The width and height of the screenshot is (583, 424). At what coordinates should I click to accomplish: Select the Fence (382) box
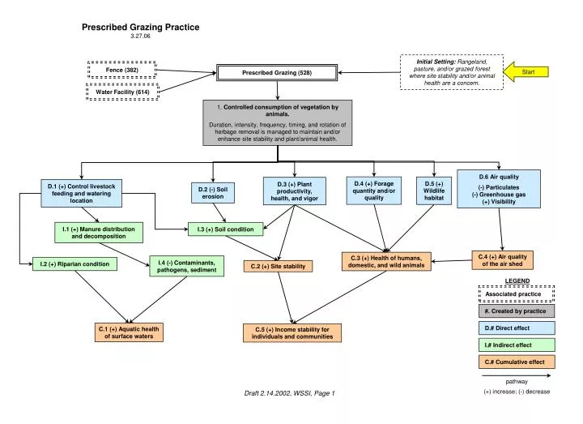(121, 71)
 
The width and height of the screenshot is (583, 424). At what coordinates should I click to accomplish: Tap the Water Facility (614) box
(122, 92)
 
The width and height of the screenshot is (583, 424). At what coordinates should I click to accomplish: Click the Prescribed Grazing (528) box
(276, 73)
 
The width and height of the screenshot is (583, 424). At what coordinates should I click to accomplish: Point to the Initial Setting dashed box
(452, 71)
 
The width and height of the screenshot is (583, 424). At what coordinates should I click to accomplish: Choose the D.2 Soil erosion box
(213, 192)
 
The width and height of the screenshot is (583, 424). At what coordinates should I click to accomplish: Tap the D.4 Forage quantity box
(374, 191)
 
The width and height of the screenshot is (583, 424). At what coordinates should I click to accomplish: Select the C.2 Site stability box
(278, 266)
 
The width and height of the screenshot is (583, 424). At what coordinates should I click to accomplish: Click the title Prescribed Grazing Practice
(140, 28)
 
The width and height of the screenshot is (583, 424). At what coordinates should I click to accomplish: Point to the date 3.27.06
(140, 36)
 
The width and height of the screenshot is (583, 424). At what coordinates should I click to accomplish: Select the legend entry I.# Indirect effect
(516, 345)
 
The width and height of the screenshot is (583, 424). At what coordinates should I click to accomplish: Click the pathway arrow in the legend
(516, 375)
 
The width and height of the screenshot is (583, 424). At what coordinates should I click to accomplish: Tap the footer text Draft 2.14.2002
(289, 393)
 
